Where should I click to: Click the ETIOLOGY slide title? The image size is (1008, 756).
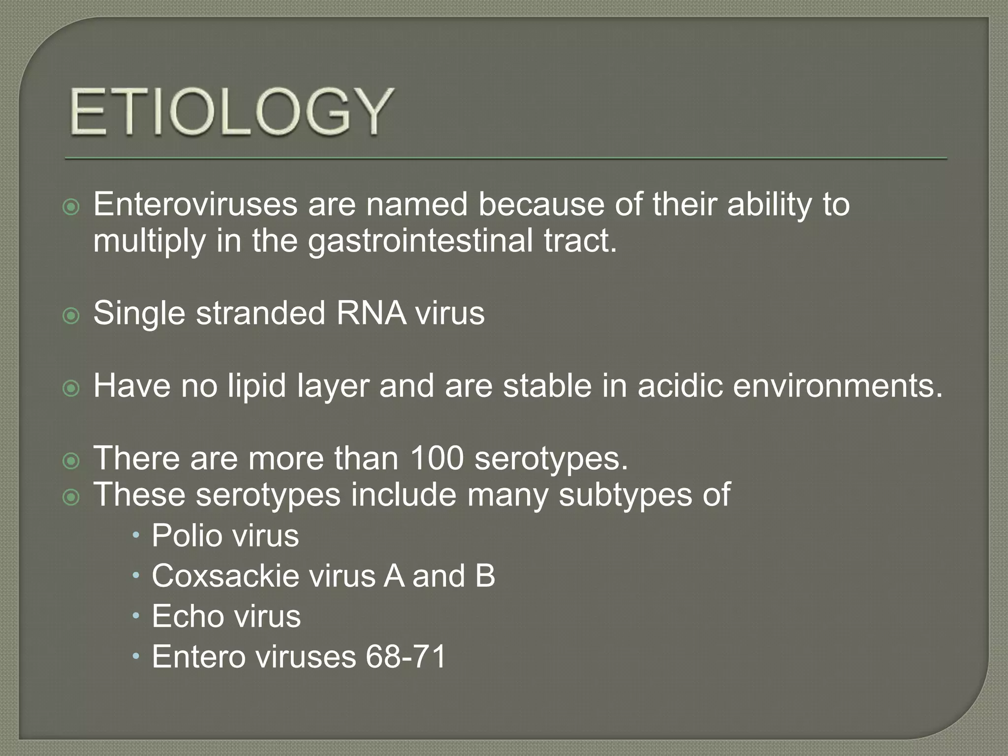pyautogui.click(x=231, y=112)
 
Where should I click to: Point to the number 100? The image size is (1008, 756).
pyautogui.click(x=437, y=458)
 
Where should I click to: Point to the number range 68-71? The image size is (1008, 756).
pyautogui.click(x=406, y=657)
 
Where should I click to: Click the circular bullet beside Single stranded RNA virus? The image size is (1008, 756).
pyautogui.click(x=71, y=315)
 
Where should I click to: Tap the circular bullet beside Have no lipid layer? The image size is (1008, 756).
pyautogui.click(x=71, y=388)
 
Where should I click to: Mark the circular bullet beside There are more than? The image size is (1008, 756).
pyautogui.click(x=71, y=461)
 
